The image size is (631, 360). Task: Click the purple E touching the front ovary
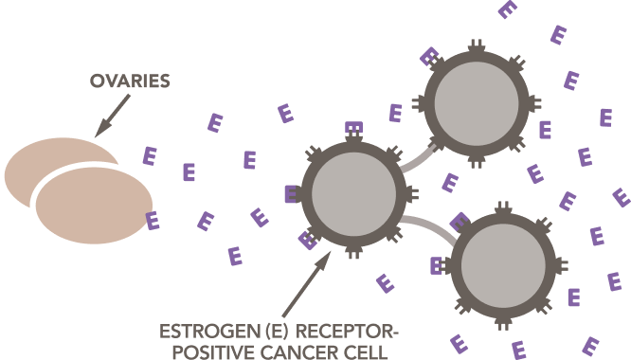pyautogui.click(x=152, y=221)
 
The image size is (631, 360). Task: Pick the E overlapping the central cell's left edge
pyautogui.click(x=292, y=194)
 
